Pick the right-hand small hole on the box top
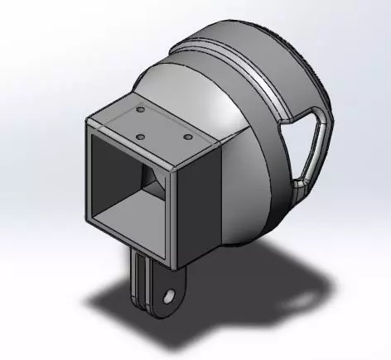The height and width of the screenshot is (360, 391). click(x=188, y=136)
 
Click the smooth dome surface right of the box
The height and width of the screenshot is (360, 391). click(x=249, y=166)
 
